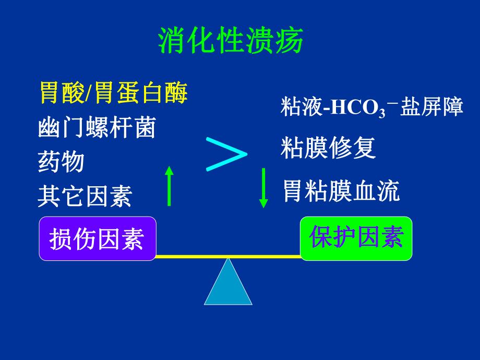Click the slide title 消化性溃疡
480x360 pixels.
pos(230,41)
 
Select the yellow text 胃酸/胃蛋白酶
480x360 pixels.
pos(113,94)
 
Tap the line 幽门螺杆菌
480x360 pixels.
pos(97,128)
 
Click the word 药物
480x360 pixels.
pos(61,162)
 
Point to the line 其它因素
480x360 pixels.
pos(85,197)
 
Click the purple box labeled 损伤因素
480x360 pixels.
pos(97,239)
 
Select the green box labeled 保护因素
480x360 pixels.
pos(356,238)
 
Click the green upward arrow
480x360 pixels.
pos(169,186)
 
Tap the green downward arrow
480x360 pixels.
pos(263,187)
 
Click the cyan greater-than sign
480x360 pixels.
pos(226,154)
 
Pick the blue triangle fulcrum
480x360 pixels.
pos(228,284)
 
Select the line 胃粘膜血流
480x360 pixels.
pos(341,191)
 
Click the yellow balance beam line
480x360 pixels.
pos(228,257)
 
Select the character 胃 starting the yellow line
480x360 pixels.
pos(50,94)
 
